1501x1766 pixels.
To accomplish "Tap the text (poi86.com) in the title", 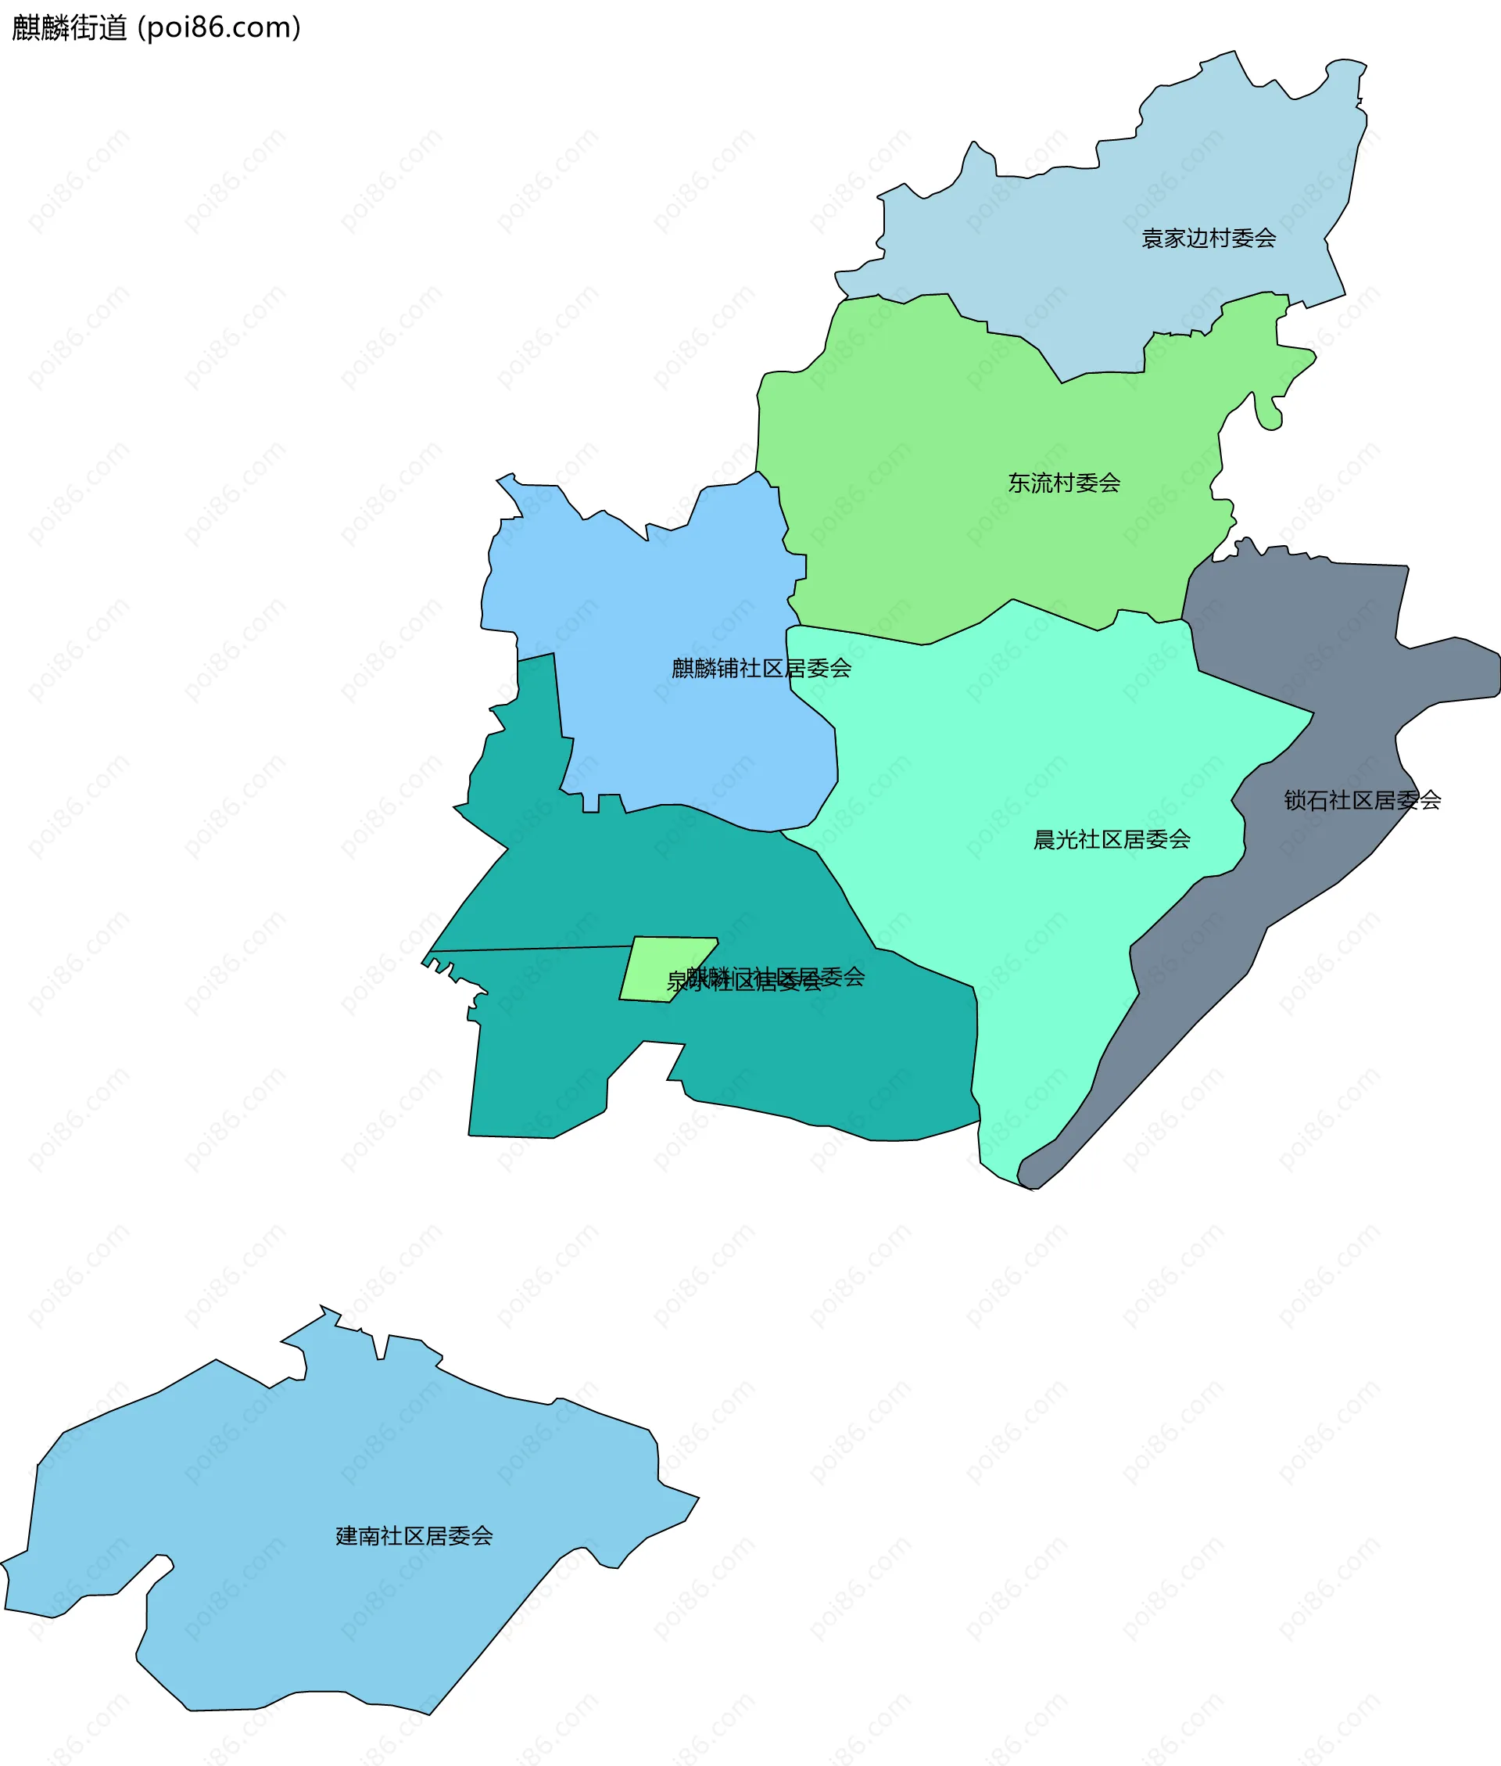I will click(220, 28).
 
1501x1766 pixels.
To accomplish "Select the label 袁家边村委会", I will click(1209, 239).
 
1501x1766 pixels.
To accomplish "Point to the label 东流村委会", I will click(1064, 483).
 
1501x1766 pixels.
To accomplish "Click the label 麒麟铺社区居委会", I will click(761, 669).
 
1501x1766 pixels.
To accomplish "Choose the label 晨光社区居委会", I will click(1111, 840).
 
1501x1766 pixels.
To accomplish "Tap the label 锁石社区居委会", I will click(1361, 801).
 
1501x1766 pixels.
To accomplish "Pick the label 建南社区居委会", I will click(414, 1536).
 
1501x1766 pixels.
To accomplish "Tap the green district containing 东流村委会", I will click(936, 544).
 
